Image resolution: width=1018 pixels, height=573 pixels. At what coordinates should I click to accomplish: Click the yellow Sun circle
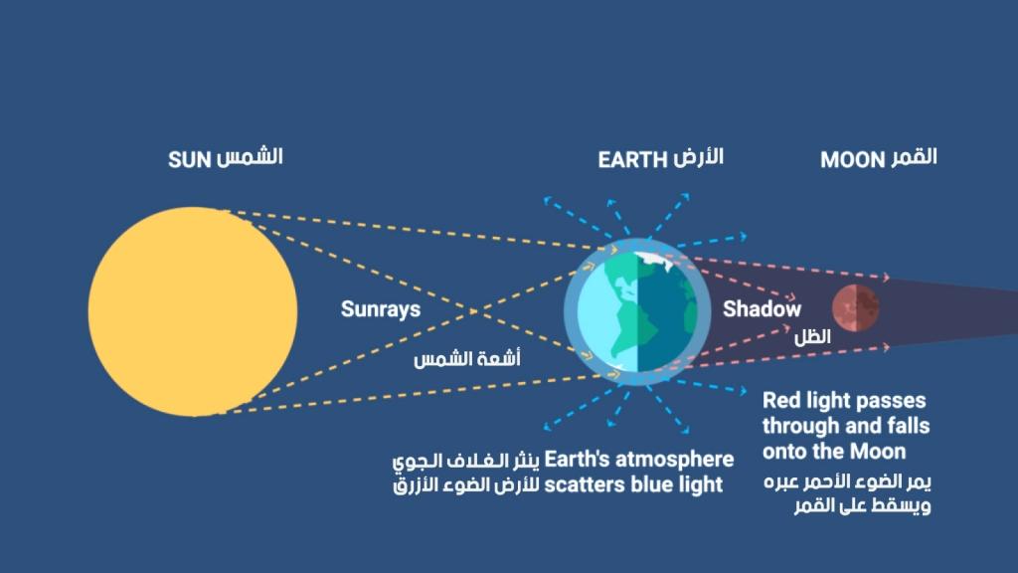click(x=193, y=311)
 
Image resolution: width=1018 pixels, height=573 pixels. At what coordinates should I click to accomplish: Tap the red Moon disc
click(x=856, y=308)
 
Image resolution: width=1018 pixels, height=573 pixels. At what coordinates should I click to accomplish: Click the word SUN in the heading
click(x=190, y=160)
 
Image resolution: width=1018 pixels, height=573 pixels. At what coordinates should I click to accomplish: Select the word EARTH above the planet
click(x=632, y=160)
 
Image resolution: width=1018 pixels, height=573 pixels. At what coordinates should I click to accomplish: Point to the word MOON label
click(x=852, y=160)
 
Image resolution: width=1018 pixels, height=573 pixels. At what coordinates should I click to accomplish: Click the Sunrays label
click(x=381, y=308)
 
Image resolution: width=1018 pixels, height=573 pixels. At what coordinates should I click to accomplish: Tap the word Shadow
click(x=762, y=308)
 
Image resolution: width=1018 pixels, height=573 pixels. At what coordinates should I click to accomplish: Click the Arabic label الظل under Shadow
click(x=812, y=336)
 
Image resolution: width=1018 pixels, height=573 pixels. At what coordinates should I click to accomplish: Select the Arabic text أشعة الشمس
click(x=467, y=358)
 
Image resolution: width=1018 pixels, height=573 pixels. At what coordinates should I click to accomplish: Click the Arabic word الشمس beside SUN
click(x=250, y=158)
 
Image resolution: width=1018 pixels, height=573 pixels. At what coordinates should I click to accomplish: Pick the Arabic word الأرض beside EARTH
click(x=698, y=158)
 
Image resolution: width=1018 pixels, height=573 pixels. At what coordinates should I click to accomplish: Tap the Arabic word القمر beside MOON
click(x=914, y=158)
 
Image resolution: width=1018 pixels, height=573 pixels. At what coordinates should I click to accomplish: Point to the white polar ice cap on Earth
click(x=652, y=261)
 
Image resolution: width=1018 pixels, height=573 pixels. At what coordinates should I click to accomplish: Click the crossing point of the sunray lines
click(x=474, y=311)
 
